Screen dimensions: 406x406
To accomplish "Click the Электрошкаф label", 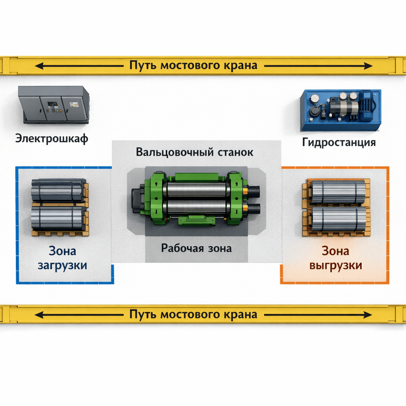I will (x=52, y=139).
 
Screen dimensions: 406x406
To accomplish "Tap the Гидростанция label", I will (x=339, y=142).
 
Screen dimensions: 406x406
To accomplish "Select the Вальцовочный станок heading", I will (x=194, y=152).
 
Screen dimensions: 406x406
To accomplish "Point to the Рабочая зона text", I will (x=196, y=249).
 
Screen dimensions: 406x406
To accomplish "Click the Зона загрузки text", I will (x=62, y=258).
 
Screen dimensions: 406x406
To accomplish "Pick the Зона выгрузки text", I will (x=335, y=258).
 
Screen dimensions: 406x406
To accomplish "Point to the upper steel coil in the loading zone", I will (x=59, y=191).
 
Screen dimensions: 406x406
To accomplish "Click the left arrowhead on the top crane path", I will (x=38, y=65).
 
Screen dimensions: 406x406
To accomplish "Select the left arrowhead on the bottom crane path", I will (x=38, y=315).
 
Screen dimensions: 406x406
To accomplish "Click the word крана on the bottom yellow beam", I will (x=238, y=315).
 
